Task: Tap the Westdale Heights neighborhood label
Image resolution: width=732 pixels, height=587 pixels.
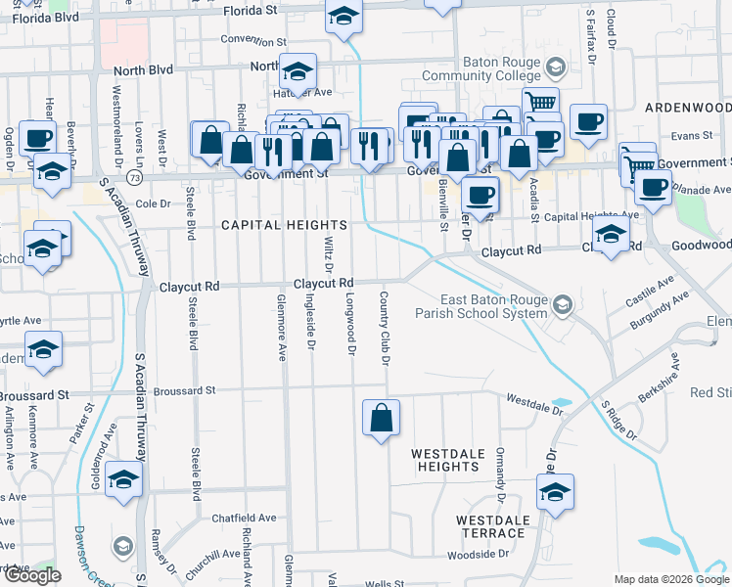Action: (445, 461)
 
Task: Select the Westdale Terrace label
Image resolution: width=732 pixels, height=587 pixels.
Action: (491, 525)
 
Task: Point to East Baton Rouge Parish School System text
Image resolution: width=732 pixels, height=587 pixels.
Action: (493, 306)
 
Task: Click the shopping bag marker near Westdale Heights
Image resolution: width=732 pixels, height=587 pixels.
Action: (382, 419)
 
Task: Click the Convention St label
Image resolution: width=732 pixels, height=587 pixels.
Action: (252, 41)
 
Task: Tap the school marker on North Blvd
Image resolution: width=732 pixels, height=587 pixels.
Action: (297, 71)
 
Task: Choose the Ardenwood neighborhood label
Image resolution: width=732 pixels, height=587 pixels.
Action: (688, 107)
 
